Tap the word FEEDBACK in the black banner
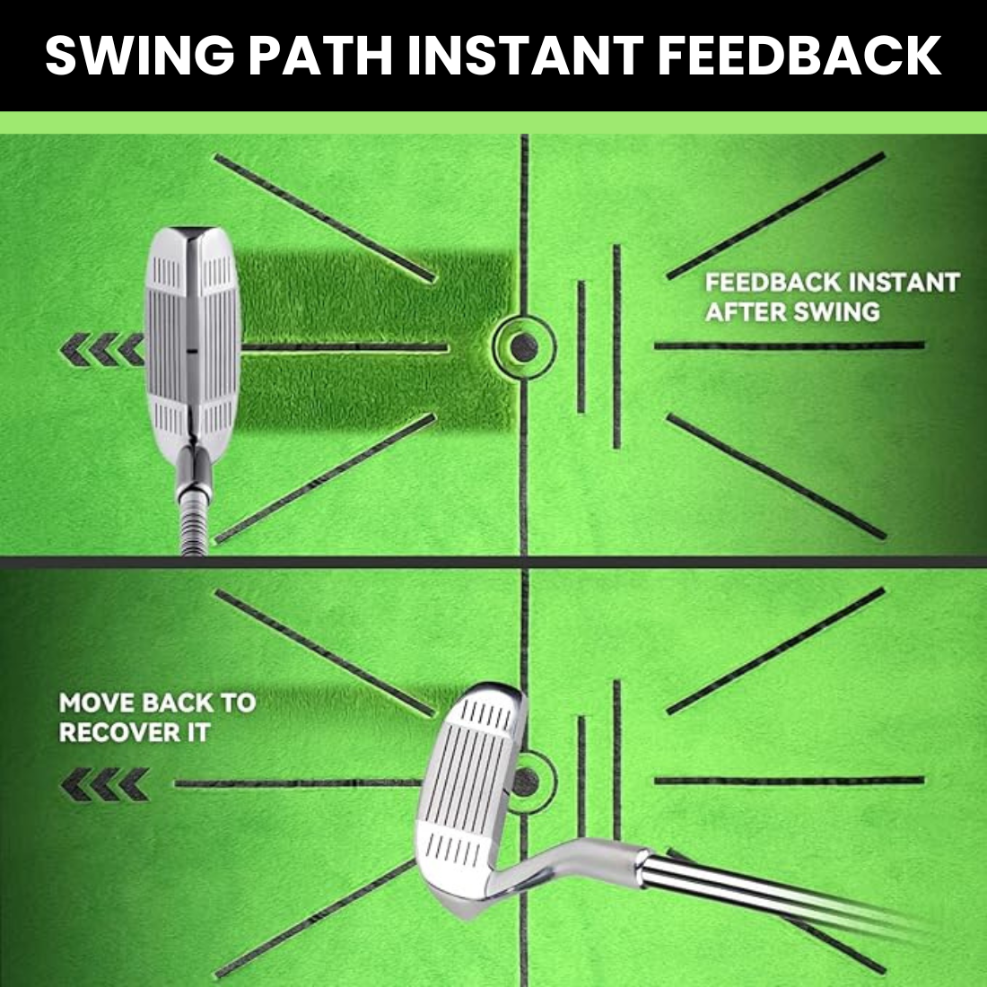(x=799, y=55)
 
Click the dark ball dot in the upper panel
(x=524, y=347)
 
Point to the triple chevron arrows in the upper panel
(x=102, y=349)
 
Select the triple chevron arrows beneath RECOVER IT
(x=104, y=784)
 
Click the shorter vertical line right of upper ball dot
(x=581, y=347)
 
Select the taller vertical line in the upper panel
(x=617, y=346)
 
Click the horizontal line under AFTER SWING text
(x=790, y=345)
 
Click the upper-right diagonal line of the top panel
(x=776, y=215)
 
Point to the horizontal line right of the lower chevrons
(x=298, y=783)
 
